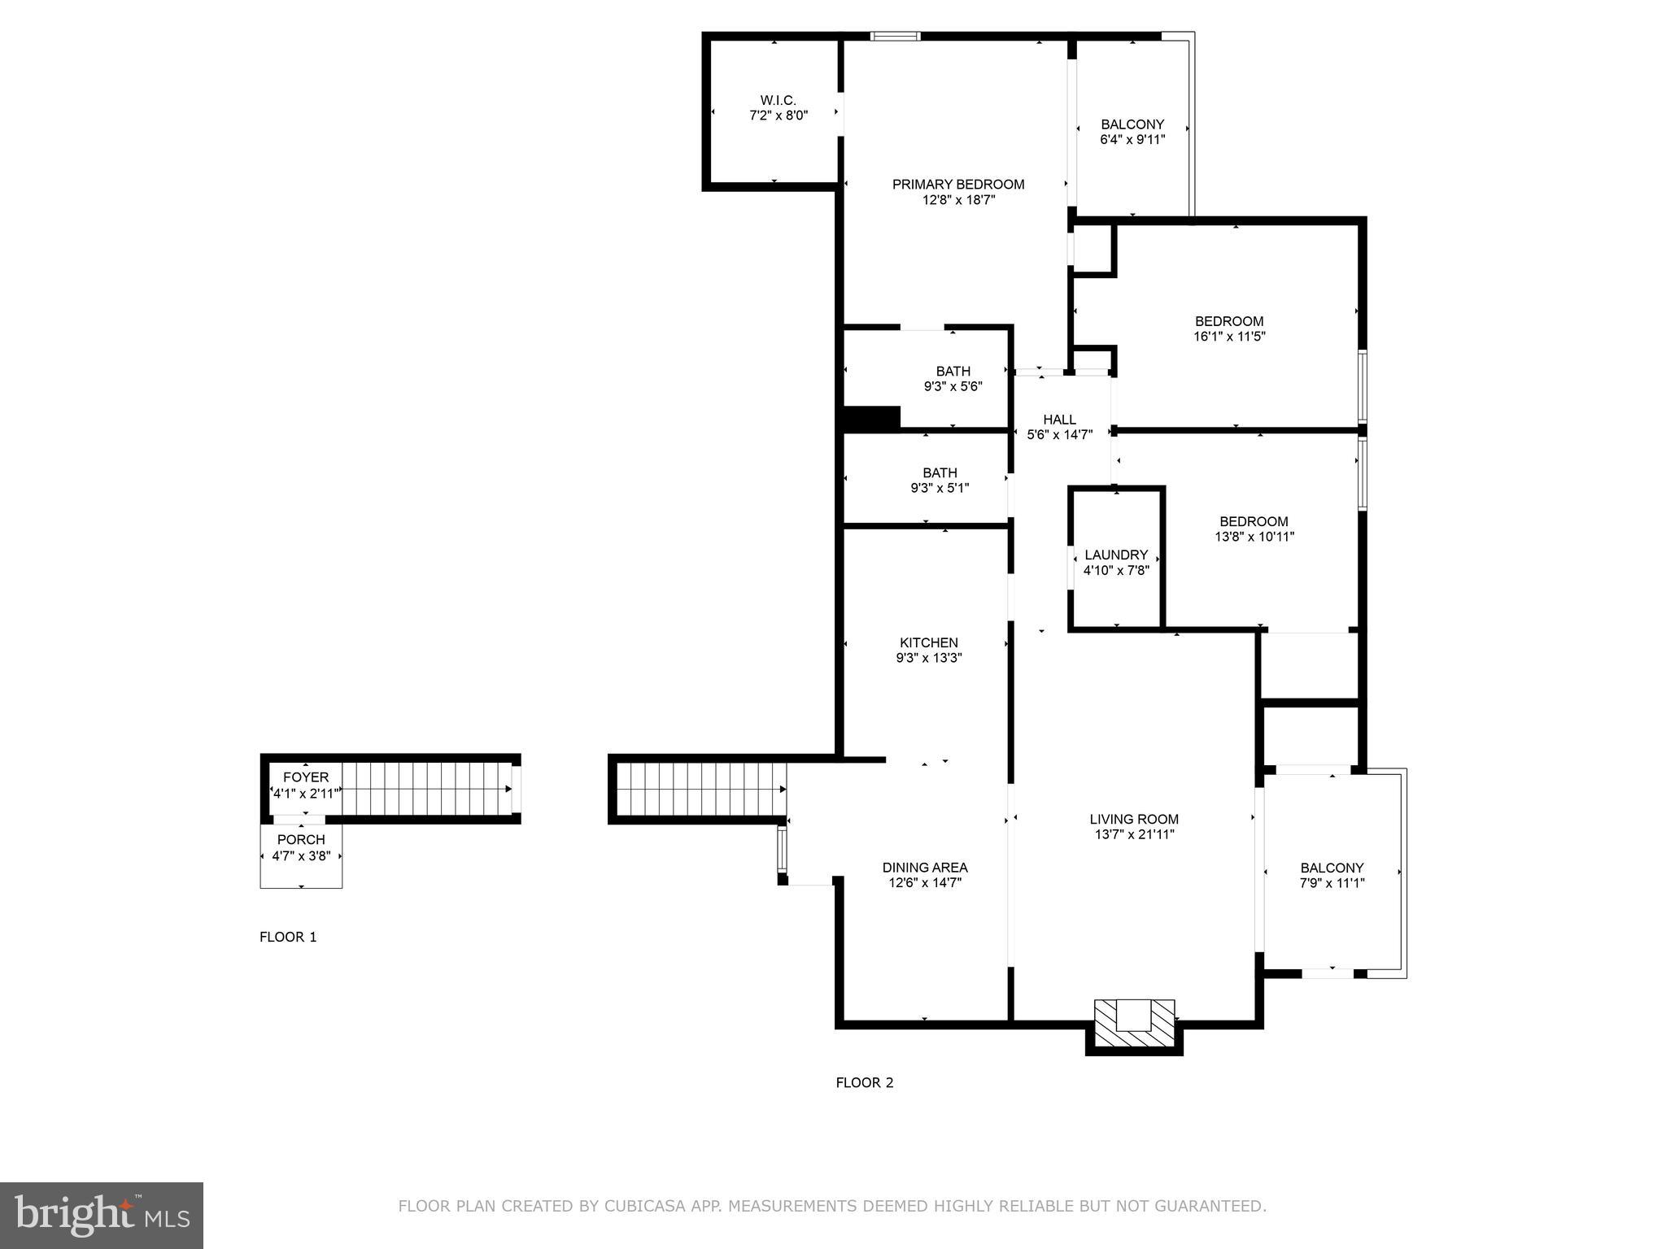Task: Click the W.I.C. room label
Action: [x=778, y=100]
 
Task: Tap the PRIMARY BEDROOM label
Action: [x=957, y=185]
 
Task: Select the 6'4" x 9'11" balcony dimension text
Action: [x=1132, y=139]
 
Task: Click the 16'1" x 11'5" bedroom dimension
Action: [x=1229, y=336]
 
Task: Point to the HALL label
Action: [x=1059, y=420]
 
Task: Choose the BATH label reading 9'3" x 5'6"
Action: [x=953, y=372]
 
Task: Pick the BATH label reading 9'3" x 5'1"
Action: [x=940, y=473]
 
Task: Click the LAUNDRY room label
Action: [x=1116, y=555]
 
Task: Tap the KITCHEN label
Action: [x=928, y=643]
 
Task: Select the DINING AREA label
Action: [x=925, y=868]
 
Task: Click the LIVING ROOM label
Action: [x=1134, y=820]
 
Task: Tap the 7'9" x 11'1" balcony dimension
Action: [x=1332, y=883]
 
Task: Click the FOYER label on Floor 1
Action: [x=306, y=777]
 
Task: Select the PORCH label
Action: [x=301, y=840]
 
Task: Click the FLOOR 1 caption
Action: [x=288, y=937]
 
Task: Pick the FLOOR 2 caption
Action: [x=865, y=1082]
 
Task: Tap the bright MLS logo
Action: [x=102, y=1216]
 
